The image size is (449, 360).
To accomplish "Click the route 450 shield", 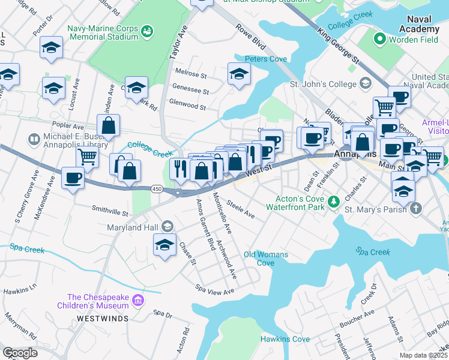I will [157, 189].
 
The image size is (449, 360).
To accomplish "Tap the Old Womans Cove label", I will [265, 259].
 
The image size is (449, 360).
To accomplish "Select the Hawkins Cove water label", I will [285, 340].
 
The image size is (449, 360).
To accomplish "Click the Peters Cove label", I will [265, 59].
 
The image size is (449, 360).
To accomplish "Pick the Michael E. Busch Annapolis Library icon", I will [34, 139].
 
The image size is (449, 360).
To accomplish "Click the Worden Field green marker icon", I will [379, 40].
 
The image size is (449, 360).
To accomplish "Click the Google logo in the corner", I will [20, 353].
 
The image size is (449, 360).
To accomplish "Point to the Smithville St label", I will [110, 212].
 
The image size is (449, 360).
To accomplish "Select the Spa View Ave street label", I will [214, 291].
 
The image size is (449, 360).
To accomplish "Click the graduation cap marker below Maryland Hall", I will [164, 245].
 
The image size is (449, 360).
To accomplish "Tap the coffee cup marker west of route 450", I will [73, 178].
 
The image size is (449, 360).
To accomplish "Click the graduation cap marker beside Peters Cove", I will [239, 74].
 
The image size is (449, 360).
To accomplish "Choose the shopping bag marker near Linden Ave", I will [108, 126].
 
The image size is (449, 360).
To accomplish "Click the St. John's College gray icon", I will [364, 84].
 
